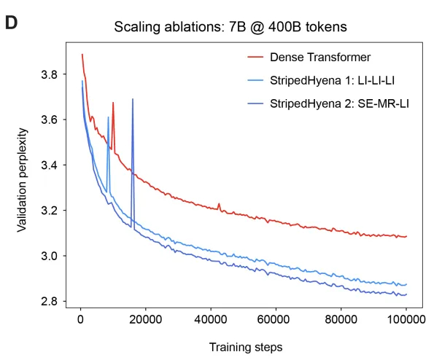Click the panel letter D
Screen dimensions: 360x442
pyautogui.click(x=12, y=22)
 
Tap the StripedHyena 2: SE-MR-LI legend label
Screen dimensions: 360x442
pyautogui.click(x=339, y=103)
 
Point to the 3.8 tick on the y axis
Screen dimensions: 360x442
pyautogui.click(x=57, y=74)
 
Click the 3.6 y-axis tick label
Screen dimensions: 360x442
pyautogui.click(x=57, y=120)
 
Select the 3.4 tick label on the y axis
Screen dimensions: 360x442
pyautogui.click(x=57, y=165)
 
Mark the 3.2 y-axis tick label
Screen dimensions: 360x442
pyautogui.click(x=57, y=211)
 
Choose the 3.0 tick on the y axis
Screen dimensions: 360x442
pyautogui.click(x=57, y=256)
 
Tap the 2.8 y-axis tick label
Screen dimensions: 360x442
pyautogui.click(x=57, y=301)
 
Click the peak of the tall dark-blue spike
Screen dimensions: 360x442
pyautogui.click(x=133, y=99)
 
